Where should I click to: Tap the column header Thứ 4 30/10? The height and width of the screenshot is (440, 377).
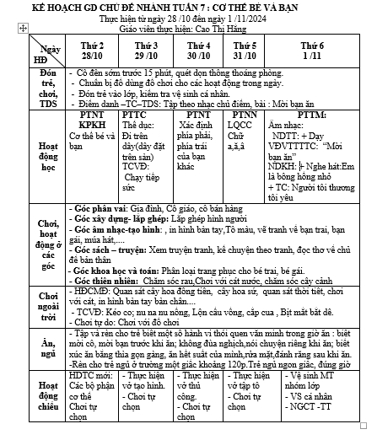(198, 49)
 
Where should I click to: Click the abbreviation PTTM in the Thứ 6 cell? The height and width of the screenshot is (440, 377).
(313, 114)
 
